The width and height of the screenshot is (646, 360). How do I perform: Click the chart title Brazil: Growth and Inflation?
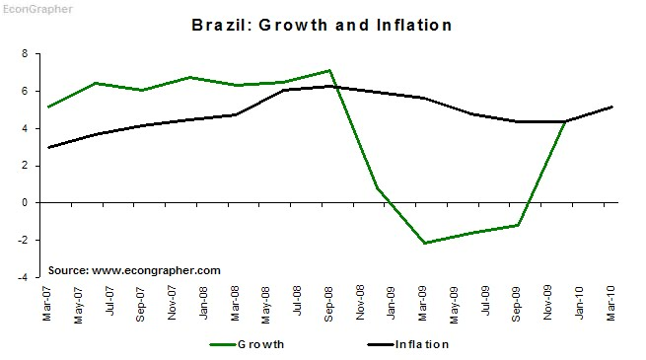coord(322,25)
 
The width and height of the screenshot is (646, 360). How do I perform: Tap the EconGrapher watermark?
coord(37,9)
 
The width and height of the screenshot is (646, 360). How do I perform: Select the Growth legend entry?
coord(247,344)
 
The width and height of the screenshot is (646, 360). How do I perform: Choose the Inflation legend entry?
coord(408,344)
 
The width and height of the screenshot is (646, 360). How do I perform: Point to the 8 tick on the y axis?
coord(25,53)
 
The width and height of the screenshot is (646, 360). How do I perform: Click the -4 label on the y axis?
coord(23,277)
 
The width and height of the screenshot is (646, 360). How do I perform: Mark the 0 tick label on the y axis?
coord(25,202)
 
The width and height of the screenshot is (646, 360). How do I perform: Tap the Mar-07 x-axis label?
coord(47,303)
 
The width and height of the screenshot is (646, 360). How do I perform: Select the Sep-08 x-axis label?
coord(328,304)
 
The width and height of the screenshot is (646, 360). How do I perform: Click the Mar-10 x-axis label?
coord(610,303)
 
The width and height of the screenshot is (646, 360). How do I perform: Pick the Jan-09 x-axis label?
coord(391,303)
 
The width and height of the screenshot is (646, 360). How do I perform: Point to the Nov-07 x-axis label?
coord(172,303)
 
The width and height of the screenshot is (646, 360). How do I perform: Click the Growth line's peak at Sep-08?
coord(329,70)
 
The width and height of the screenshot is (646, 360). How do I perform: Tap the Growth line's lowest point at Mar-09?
coord(424,243)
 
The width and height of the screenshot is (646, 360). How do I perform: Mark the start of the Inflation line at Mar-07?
coord(48,148)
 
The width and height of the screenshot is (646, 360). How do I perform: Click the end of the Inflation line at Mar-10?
coord(612,108)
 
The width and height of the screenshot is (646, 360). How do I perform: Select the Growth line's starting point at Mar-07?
coord(48,108)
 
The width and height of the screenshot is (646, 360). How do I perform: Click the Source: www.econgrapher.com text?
coord(134,270)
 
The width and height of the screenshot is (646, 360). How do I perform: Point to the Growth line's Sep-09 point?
coord(518,225)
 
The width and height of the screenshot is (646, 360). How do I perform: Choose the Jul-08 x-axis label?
coord(297,301)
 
